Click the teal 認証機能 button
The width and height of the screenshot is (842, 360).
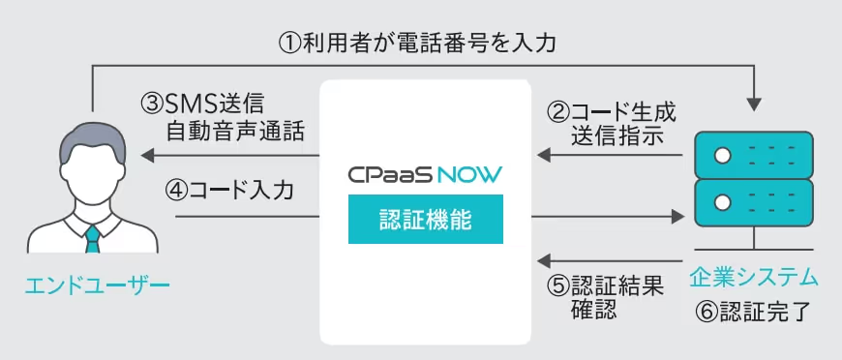[425, 220]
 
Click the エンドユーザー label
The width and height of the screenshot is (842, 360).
[97, 284]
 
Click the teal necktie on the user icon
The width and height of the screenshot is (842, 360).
[93, 239]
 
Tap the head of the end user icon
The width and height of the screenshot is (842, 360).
[92, 162]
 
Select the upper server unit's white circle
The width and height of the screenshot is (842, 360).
[723, 155]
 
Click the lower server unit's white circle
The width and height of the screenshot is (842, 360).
[723, 202]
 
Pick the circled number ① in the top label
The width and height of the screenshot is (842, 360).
[289, 43]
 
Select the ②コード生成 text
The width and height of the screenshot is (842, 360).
[611, 112]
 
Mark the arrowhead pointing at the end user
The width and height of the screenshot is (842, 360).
[147, 156]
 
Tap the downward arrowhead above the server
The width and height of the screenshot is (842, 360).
[754, 105]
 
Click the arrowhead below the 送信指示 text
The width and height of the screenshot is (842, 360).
[544, 156]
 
